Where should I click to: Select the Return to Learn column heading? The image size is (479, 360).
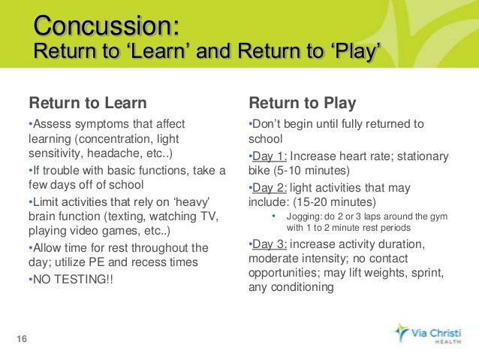[x=87, y=102]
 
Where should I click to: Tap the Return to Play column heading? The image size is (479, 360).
[x=302, y=102]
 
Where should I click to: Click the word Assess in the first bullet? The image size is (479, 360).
[x=51, y=124]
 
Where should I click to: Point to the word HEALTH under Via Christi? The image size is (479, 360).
[x=443, y=341]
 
